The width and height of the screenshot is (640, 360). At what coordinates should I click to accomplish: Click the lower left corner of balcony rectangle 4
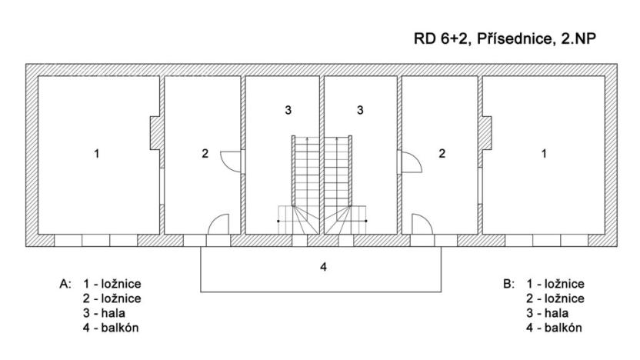point(201,292)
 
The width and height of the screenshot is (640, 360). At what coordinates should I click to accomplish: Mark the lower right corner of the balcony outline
point(441,292)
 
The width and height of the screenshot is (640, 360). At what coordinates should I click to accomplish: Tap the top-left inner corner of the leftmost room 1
point(38,76)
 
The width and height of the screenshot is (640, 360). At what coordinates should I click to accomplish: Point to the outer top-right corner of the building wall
point(617,64)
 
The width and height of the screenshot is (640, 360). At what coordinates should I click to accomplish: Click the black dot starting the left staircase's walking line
point(278,221)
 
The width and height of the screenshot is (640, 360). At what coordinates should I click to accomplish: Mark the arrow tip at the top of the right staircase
point(337,138)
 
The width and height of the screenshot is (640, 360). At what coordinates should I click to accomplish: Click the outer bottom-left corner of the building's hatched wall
point(26,246)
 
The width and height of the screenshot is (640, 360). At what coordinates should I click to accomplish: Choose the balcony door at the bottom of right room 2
point(422,224)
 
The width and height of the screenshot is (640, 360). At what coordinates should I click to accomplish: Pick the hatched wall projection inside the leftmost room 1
point(155,133)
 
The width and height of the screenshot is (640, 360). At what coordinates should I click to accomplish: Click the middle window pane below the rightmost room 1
point(546,241)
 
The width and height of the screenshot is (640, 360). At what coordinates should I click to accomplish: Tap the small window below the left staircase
point(299,241)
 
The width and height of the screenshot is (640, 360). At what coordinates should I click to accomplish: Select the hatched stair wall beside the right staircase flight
point(350,171)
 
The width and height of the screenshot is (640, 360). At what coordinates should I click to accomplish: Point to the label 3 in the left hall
point(288,110)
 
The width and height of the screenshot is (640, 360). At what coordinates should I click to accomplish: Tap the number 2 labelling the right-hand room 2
point(442,154)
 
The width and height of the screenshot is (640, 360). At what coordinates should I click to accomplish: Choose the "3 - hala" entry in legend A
point(104,313)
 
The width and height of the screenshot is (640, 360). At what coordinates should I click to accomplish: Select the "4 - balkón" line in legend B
point(554,328)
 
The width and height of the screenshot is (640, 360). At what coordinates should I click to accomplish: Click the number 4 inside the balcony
point(323,267)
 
